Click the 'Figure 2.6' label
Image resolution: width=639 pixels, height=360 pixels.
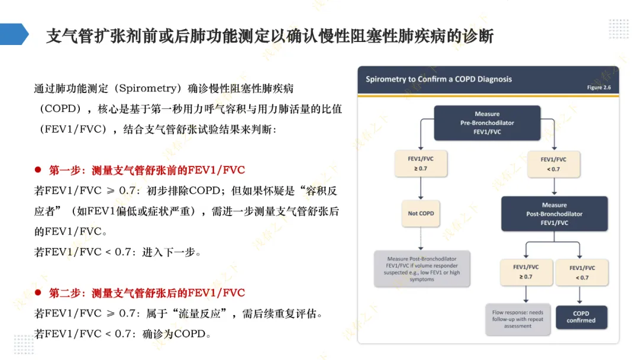598,88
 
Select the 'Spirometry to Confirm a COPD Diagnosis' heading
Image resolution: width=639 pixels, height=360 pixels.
438,79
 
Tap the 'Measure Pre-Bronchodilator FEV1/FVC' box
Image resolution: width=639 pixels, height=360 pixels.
487,123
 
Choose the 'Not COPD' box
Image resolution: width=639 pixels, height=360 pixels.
421,213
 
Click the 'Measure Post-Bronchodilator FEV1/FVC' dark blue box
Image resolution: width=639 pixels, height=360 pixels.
554,214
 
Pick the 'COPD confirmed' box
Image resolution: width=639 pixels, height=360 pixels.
580,317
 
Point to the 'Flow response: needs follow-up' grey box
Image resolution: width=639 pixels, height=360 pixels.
518,319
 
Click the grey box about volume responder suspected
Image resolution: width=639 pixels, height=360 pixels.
422,269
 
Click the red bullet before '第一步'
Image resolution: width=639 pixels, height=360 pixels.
38,170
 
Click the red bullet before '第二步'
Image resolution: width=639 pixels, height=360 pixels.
38,292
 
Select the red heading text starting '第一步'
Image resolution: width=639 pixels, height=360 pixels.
147,171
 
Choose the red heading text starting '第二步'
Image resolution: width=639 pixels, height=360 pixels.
147,293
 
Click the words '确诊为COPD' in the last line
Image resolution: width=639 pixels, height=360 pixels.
176,334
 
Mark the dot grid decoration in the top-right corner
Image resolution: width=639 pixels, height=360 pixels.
619,28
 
